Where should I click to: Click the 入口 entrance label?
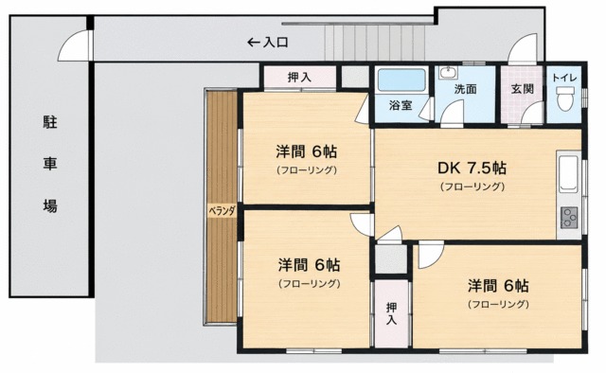pos(276,43)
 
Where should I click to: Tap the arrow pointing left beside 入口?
pos(254,43)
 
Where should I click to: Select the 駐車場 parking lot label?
pos(50,164)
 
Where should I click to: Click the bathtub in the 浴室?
pos(401,80)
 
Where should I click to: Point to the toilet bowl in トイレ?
pos(564,98)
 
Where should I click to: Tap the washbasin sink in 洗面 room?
pos(448,73)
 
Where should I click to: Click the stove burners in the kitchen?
pos(569,217)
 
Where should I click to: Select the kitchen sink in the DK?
pos(568,174)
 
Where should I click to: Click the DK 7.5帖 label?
pos(472,169)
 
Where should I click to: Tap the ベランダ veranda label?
pos(222,211)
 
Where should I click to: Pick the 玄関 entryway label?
pos(522,89)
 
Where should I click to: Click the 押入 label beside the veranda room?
pos(299,78)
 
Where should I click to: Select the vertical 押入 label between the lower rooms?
pos(391,313)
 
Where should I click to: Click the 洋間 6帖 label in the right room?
pos(498,286)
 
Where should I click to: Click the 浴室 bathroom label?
pos(401,105)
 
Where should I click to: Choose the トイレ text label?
pos(564,78)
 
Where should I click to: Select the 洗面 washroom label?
pos(465,89)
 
